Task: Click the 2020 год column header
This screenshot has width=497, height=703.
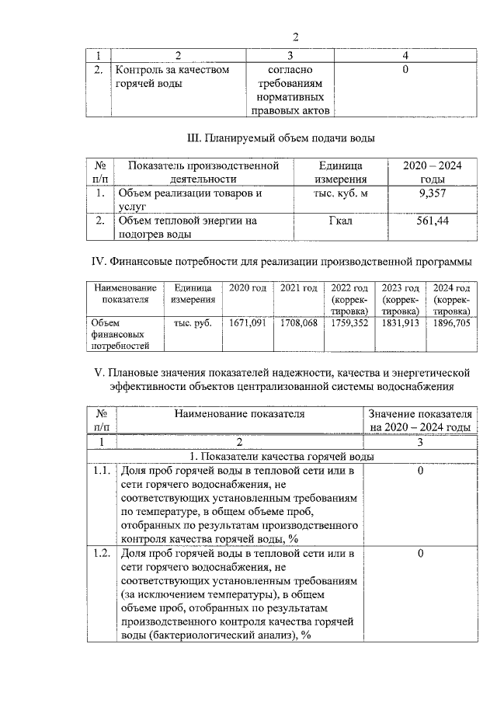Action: (x=248, y=288)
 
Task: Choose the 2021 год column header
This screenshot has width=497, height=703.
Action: (x=299, y=288)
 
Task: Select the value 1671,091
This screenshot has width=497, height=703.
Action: (x=248, y=322)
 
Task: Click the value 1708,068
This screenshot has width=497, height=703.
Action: (x=299, y=322)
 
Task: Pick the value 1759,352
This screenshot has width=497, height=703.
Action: (x=349, y=322)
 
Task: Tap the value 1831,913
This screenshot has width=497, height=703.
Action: (x=400, y=322)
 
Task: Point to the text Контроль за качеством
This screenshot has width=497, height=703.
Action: (x=172, y=71)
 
